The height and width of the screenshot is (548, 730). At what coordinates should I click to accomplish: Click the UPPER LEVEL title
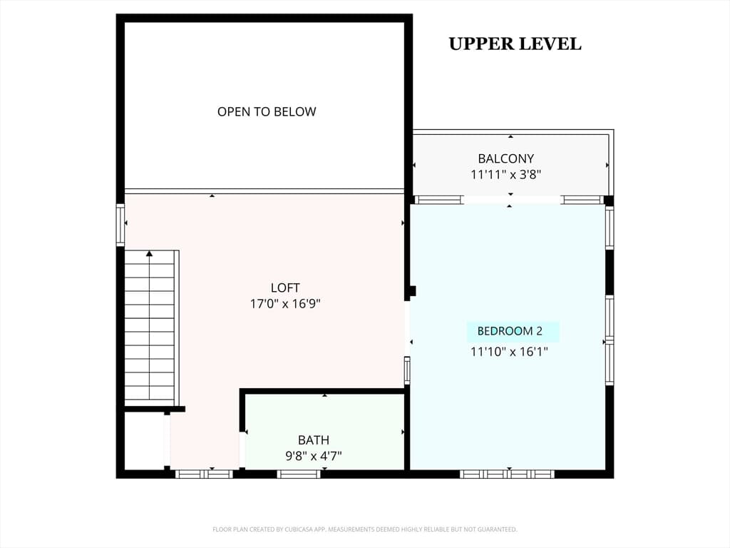point(515,44)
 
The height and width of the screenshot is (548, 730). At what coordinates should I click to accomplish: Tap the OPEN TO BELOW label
point(267,112)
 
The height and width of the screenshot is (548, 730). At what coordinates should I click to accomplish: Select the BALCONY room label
point(505,159)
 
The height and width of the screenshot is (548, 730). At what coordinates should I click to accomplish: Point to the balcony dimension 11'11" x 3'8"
point(505,175)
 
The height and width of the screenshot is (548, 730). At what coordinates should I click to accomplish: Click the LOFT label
point(285,288)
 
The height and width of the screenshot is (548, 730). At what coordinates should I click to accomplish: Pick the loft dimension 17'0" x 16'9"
point(285,304)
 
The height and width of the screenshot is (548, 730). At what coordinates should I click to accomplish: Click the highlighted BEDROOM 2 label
point(510,331)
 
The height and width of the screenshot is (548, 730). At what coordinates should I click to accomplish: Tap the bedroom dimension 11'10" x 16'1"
point(509,351)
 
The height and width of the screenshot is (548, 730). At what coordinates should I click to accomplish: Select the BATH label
point(314,440)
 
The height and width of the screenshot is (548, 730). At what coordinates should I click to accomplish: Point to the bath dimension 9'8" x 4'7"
point(314,456)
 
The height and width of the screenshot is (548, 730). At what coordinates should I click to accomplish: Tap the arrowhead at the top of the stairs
point(149,253)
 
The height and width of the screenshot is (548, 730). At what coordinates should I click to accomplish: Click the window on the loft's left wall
point(120,225)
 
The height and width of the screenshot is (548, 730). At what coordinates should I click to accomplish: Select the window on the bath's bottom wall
point(299,474)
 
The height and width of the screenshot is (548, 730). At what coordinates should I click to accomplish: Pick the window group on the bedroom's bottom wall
point(507,474)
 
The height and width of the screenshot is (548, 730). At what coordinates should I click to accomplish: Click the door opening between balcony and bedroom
point(512,200)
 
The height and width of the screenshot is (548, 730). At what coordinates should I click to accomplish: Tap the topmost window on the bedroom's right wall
point(610,228)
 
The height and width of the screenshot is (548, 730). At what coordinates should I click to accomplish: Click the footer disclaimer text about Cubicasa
point(364,529)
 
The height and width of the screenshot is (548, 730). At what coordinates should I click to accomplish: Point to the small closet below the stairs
point(144,441)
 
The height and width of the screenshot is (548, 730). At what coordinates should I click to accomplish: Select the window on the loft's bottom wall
point(203,474)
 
